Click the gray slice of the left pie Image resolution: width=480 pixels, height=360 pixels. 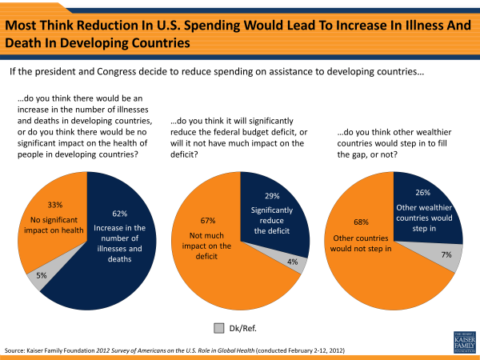35,278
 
